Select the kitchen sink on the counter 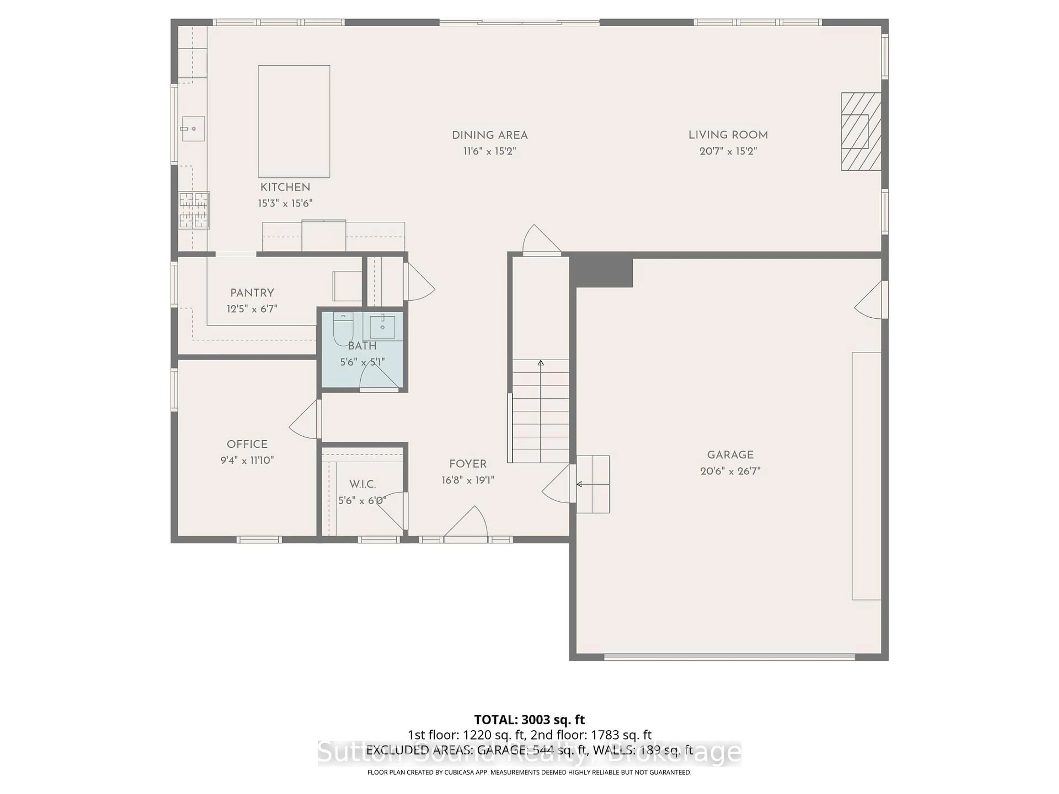pos(193,129)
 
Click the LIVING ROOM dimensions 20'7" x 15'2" pos(728,152)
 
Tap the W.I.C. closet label pos(362,484)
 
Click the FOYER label pos(468,464)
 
